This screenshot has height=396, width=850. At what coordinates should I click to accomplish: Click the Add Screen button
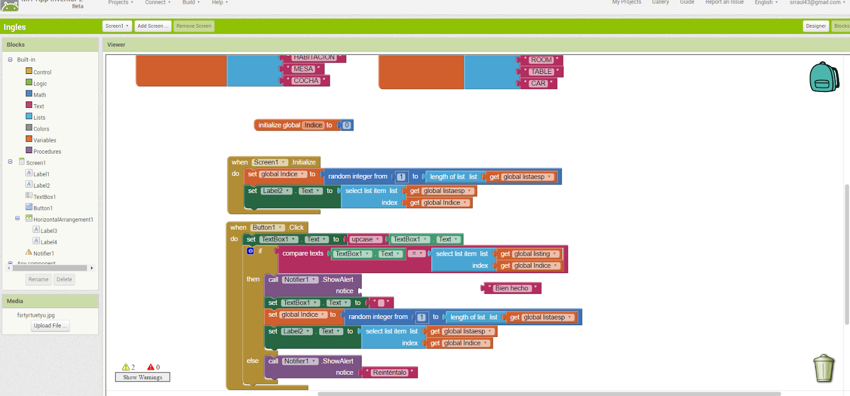(152, 26)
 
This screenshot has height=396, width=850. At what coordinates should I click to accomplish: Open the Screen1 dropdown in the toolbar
(117, 26)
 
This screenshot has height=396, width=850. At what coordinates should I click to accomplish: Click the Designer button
(815, 26)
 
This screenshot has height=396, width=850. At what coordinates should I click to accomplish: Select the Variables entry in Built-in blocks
(44, 140)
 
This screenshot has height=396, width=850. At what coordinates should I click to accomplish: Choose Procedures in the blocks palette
(47, 151)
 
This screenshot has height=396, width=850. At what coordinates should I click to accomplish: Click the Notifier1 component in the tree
(44, 254)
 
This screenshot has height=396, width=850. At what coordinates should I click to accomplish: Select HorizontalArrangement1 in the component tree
(63, 220)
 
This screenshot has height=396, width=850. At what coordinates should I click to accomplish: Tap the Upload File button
(50, 326)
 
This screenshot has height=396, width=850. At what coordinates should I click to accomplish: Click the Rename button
(38, 280)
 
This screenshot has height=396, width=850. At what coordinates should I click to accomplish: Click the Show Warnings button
(142, 377)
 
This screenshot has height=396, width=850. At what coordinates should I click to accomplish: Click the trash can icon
(823, 368)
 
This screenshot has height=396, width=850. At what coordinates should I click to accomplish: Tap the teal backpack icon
(823, 77)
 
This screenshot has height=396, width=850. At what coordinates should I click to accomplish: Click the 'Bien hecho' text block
(511, 288)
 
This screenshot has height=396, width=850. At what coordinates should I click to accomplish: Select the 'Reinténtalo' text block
(389, 373)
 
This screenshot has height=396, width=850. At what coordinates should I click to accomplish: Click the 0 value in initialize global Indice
(347, 125)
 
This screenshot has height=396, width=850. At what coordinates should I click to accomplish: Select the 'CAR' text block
(538, 83)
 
